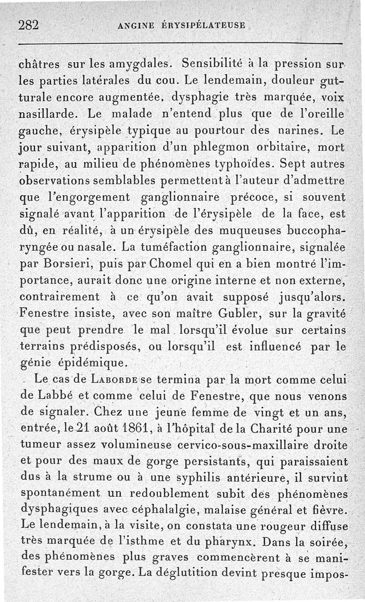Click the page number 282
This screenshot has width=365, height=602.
pyautogui.click(x=29, y=25)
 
